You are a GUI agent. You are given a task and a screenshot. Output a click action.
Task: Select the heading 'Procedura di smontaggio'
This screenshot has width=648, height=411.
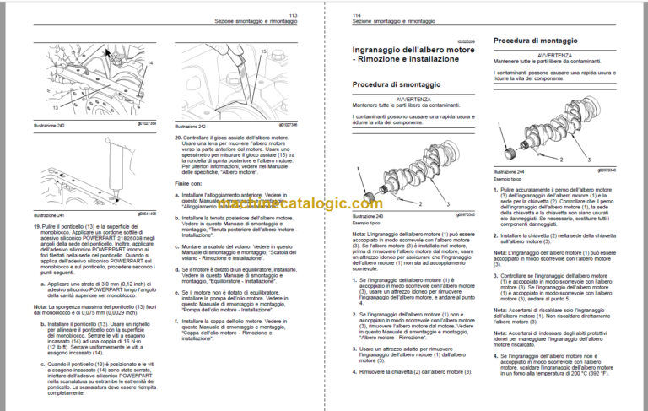393,85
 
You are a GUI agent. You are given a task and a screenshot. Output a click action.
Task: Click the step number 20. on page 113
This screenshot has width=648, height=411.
178,137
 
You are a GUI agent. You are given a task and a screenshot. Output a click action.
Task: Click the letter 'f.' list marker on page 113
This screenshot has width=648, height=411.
185,316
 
